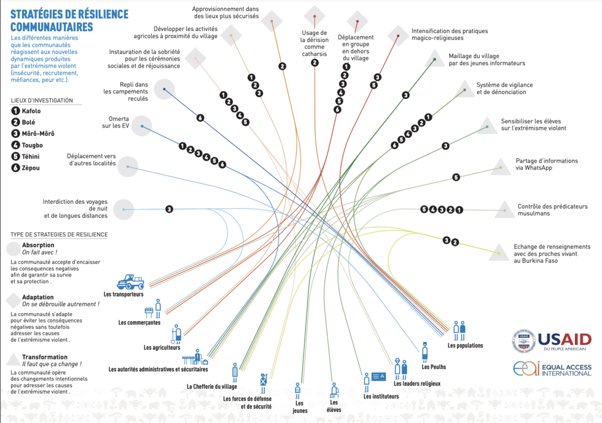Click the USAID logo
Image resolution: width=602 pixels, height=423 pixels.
tap(551, 341)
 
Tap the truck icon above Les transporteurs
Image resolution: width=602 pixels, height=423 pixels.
tap(131, 282)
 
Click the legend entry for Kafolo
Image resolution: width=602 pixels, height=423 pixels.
tap(26, 111)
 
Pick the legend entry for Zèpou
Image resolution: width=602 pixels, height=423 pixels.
tap(25, 168)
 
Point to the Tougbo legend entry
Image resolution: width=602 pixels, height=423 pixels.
tap(27, 145)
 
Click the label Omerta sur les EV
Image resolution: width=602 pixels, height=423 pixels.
tap(116, 122)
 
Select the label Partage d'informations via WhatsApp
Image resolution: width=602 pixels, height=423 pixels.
tap(547, 164)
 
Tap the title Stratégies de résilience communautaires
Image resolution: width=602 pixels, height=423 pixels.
tap(69, 21)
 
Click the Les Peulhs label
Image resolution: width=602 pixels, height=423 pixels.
tap(434, 367)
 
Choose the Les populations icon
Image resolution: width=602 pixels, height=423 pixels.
tap(459, 331)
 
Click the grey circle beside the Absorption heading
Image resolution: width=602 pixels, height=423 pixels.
tap(14, 249)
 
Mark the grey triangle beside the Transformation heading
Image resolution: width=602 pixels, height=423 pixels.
tap(14, 360)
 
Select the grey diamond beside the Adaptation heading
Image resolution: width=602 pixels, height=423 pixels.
tap(14, 301)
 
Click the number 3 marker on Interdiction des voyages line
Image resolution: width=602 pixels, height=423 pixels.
tap(169, 209)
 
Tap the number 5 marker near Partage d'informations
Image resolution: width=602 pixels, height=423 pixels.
tap(456, 177)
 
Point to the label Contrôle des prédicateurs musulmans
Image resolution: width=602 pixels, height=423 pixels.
tap(553, 210)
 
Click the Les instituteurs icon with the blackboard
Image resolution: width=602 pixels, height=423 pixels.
tap(374, 382)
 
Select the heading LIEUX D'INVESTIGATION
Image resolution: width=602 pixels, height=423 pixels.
tap(42, 100)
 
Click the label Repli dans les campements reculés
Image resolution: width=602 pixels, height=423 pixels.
tap(126, 91)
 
